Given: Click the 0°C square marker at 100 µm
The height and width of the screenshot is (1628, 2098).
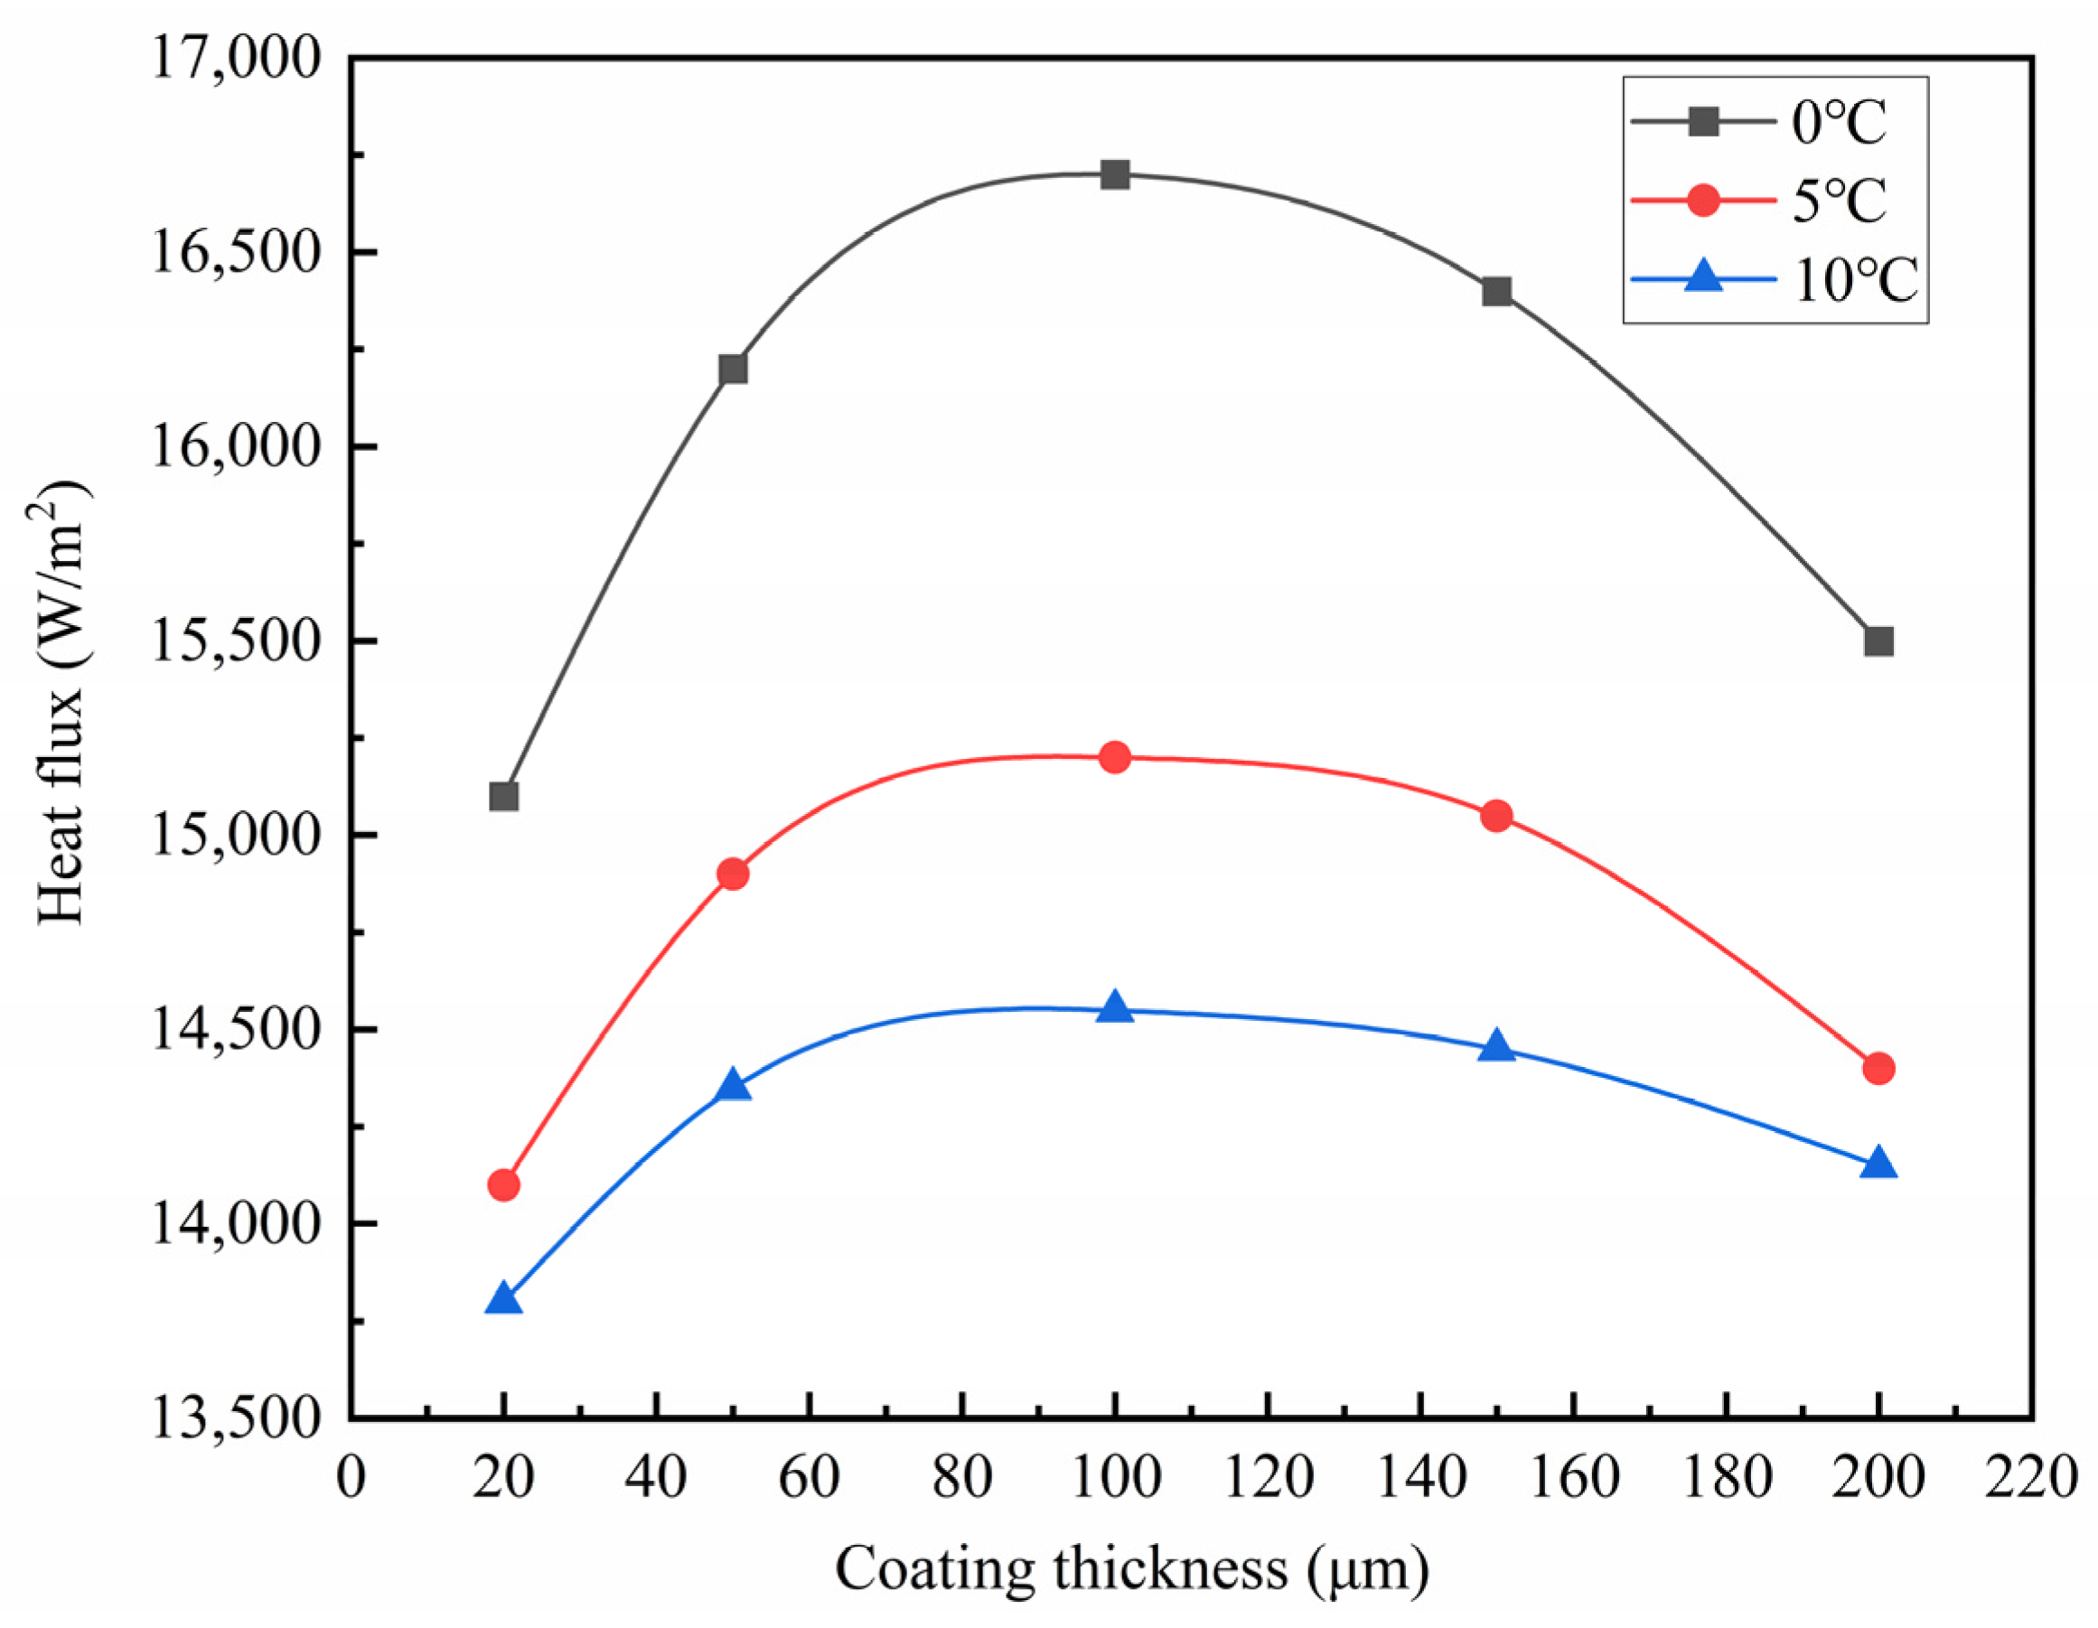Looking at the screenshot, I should pos(1114,174).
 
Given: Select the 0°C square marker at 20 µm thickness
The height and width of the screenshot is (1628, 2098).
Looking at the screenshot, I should pos(503,796).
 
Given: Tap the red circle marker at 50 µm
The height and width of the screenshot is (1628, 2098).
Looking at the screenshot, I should pos(733,874).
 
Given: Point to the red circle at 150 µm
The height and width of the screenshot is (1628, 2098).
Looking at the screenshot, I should pos(1496,816).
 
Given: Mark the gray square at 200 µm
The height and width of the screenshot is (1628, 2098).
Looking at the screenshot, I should pos(1878,641).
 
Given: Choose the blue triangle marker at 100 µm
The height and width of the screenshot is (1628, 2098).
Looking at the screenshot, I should pos(1114,1008).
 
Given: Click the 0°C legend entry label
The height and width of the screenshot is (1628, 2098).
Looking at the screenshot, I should pos(1839,123).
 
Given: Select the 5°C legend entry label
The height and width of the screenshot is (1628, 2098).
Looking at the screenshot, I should pos(1839,201).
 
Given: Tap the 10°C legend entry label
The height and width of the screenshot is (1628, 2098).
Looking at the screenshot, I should pos(1854,281).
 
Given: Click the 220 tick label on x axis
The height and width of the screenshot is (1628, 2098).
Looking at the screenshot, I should pos(2031,1477).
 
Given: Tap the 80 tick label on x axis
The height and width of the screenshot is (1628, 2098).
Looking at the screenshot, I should pos(961,1477).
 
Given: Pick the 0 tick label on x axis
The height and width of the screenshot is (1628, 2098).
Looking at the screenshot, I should pos(351,1477).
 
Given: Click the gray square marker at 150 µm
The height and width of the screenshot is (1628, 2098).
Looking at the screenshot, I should pos(1496,291).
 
